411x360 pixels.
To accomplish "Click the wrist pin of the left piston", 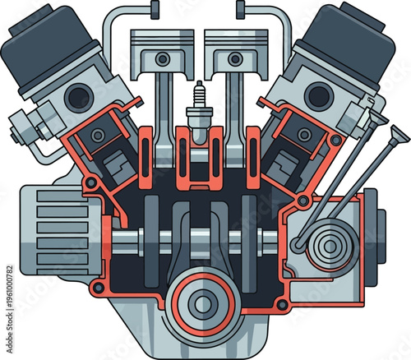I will (x=164, y=59).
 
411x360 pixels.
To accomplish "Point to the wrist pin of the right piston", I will (x=234, y=59).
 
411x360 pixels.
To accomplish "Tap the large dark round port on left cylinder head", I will (x=78, y=97).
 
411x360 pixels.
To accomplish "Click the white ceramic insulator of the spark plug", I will (x=198, y=96).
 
